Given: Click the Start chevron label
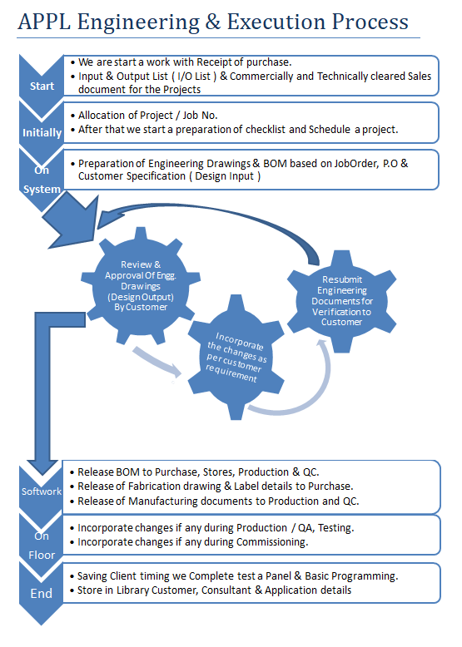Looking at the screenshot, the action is tap(42, 86).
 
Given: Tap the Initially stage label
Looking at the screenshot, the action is tap(42, 133).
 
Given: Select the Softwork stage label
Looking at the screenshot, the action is tap(42, 491).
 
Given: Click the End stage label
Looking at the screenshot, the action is tap(42, 593).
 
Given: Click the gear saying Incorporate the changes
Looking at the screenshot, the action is tap(236, 358).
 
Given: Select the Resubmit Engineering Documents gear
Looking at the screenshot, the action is tap(342, 301).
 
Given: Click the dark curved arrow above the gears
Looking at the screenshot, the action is tap(206, 210).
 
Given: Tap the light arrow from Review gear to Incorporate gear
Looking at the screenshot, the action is tap(156, 362).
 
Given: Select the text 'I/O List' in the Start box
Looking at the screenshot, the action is tap(194, 77).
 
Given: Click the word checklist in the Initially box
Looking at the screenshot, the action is tap(266, 130).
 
